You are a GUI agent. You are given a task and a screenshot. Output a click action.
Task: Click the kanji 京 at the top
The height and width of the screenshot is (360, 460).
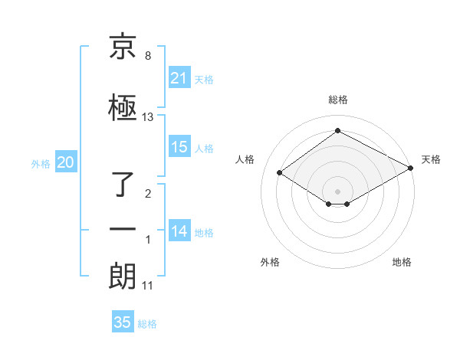tap(123, 48)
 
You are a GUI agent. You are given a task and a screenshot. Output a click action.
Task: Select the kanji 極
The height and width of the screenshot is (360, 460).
tap(123, 107)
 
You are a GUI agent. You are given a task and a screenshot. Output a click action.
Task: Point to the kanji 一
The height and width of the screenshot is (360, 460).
tap(123, 229)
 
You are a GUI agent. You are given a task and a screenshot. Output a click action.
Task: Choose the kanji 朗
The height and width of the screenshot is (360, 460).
tap(123, 276)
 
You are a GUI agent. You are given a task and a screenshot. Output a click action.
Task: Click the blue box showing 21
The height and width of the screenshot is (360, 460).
tap(179, 78)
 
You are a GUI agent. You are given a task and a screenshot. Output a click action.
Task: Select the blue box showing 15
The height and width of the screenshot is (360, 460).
tap(179, 147)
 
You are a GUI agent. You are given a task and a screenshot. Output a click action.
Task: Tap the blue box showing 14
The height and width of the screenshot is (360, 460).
tap(179, 231)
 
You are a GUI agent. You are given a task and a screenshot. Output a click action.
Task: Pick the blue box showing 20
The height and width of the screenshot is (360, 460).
tap(66, 162)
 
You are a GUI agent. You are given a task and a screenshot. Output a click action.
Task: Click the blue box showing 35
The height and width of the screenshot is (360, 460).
tap(123, 322)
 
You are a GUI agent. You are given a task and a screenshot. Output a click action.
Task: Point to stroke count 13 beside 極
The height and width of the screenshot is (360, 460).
tap(148, 117)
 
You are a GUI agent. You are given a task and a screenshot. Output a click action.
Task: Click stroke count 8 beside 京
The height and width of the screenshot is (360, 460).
tap(148, 57)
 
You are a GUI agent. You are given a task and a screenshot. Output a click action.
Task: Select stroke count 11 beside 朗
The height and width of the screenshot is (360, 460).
tap(148, 286)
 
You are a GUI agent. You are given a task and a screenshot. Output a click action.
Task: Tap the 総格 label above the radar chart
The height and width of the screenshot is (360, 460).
tap(337, 100)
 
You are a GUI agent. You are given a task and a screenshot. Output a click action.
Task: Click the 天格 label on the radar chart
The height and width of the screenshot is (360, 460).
tap(431, 159)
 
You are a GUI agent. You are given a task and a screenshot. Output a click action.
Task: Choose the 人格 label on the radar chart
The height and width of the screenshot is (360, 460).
tap(245, 159)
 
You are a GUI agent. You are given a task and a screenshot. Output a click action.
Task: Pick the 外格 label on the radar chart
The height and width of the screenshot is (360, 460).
tap(270, 262)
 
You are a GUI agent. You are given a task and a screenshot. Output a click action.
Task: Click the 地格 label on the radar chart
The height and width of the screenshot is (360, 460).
tap(402, 262)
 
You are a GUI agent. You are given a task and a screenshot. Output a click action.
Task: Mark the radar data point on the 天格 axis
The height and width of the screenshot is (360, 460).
tap(412, 168)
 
